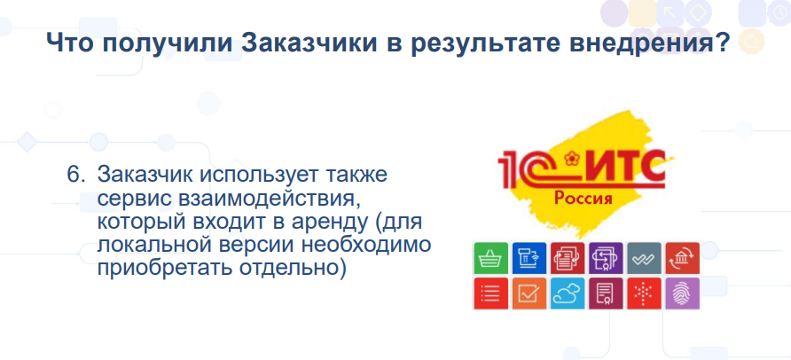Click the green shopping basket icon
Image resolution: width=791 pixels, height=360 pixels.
click(491, 259)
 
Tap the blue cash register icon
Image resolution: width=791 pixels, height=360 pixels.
click(529, 259)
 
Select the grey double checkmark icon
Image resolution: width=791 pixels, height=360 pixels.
click(644, 259)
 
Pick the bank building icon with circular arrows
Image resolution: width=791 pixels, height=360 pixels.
click(682, 259)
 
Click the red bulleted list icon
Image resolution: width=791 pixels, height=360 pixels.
click(491, 293)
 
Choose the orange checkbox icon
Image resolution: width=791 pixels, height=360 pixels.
click(529, 293)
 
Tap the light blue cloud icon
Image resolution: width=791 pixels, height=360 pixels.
click(568, 293)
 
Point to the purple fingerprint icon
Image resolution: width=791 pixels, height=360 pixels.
click(682, 293)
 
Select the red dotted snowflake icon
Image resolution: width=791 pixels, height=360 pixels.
click(644, 293)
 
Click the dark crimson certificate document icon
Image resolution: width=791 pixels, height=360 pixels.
click(606, 293)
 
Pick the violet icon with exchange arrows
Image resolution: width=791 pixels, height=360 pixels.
click(606, 259)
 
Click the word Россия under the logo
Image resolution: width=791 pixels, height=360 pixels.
click(583, 198)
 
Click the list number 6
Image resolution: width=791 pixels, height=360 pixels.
click(74, 176)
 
